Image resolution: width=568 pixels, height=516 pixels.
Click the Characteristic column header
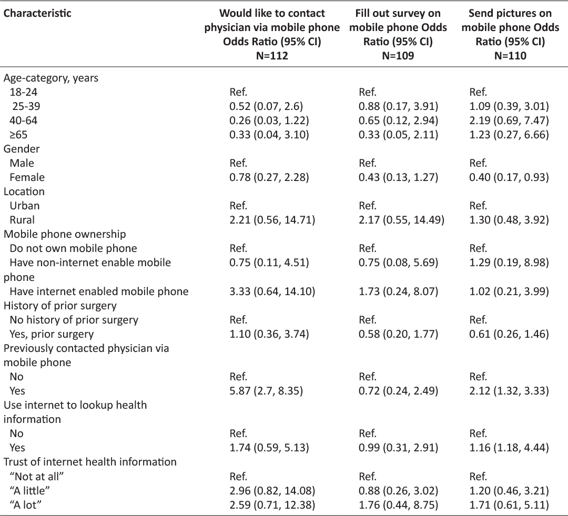(37, 13)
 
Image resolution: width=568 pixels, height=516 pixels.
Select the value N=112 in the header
(272, 55)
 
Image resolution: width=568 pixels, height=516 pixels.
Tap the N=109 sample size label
(398, 55)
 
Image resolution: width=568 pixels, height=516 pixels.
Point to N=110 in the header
(510, 55)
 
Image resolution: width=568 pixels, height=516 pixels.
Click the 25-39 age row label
(26, 106)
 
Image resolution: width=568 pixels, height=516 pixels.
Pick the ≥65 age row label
(18, 135)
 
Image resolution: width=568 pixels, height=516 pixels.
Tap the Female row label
(27, 177)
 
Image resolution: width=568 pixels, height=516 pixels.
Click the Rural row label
(22, 220)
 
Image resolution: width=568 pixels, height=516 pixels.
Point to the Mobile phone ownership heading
(65, 234)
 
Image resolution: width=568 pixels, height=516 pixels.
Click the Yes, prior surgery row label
(52, 334)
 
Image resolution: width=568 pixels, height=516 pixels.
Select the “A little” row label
(29, 491)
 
